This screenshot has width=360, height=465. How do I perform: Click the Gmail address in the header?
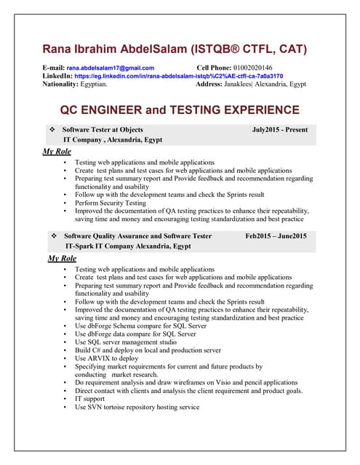pos(110,68)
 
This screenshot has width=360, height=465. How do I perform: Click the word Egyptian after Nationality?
pos(94,84)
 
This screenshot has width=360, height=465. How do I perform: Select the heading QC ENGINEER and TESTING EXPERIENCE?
pos(179,110)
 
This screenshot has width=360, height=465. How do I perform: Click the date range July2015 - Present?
pos(279,130)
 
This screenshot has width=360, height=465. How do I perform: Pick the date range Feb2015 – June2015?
pos(276,236)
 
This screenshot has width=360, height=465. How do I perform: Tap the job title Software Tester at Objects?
pos(103,130)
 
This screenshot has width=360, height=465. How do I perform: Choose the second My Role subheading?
pos(62,258)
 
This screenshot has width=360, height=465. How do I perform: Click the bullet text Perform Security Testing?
pos(111,203)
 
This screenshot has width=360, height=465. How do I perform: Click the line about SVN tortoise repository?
pos(137,407)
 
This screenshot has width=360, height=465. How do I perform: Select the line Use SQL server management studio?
pos(126,341)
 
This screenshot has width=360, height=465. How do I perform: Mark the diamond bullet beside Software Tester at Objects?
pos(52,130)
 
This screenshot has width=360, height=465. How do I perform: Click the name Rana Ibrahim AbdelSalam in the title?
pos(115,49)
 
